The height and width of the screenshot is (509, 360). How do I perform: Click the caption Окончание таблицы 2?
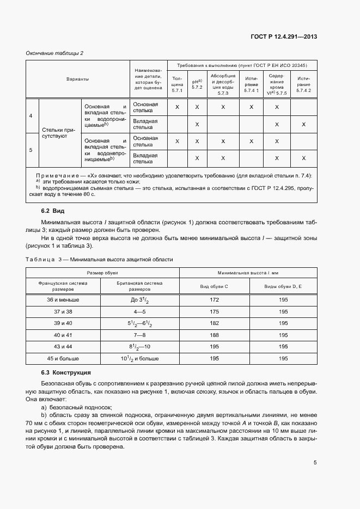(54, 53)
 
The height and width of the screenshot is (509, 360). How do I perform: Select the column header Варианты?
(77, 79)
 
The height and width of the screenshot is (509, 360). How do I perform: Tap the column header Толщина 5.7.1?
(177, 83)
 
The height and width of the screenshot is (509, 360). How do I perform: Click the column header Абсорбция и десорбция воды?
(223, 83)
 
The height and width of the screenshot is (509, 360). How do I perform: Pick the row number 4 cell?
(30, 115)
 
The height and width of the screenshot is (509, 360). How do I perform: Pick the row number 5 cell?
(30, 150)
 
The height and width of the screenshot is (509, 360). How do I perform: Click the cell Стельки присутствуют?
(60, 133)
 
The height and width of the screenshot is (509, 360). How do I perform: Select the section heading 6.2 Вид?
(53, 211)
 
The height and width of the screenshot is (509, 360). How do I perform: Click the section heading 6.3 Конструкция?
(66, 372)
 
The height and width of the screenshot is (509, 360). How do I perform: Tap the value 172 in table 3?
(215, 300)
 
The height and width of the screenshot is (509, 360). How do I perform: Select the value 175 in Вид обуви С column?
(215, 312)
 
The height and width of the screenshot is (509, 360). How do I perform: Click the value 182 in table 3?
(215, 323)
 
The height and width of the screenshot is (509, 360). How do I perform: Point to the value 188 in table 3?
(215, 335)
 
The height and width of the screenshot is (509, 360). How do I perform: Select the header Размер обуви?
(102, 272)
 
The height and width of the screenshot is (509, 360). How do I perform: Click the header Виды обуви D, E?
(283, 286)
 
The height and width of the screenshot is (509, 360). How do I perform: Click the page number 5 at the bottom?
(315, 463)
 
